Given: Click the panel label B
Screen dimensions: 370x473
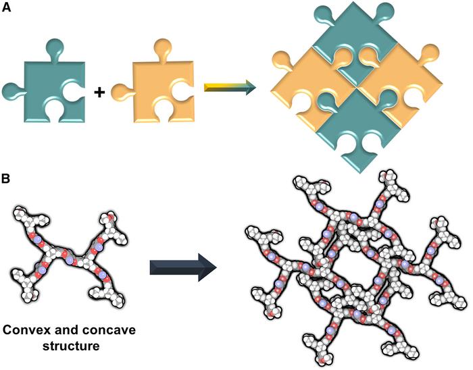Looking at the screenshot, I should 6,180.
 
